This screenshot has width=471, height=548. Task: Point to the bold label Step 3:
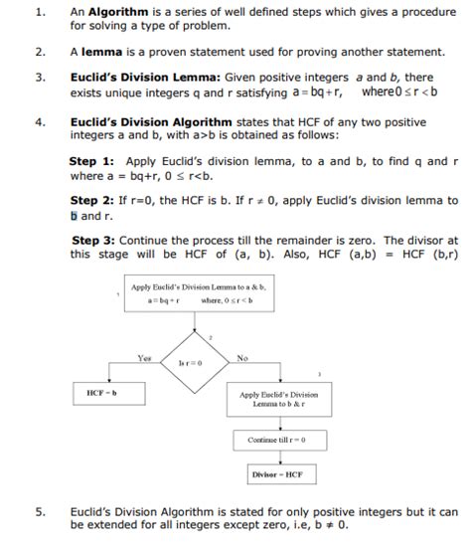coord(96,240)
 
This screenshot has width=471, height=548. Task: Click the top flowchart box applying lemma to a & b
coord(198,293)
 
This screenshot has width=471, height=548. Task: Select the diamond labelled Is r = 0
coord(189,364)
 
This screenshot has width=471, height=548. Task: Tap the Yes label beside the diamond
coord(144,357)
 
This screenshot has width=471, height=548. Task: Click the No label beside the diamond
coord(242,357)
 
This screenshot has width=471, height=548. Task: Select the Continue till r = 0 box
coord(276,439)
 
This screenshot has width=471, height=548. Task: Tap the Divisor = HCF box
coord(275,473)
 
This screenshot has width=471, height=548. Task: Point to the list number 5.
coord(40,512)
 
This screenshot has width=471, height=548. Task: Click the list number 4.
coord(40,121)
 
